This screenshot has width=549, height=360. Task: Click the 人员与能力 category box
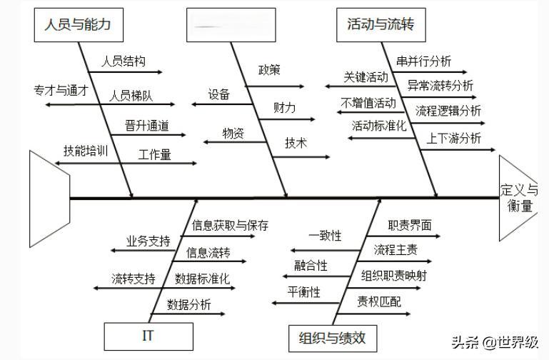coord(78,25)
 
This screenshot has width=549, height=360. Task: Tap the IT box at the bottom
coord(148,336)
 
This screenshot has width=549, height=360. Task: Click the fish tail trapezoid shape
coord(49,199)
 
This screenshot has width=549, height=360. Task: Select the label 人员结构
coord(120,61)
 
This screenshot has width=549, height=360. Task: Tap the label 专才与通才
coord(61,91)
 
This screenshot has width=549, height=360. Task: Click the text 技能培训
coord(85,151)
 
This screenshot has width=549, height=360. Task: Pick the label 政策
coord(269,70)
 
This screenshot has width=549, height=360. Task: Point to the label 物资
coord(233,133)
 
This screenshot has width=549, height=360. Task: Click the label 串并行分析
coord(424,62)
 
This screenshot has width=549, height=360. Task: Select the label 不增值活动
coord(368,104)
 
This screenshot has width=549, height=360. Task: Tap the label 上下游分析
coord(454,139)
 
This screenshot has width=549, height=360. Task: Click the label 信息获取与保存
coord(231,226)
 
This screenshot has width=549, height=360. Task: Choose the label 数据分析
coord(189,305)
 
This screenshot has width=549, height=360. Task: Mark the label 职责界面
coord(410,226)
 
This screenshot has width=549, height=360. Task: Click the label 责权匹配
coord(379,302)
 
